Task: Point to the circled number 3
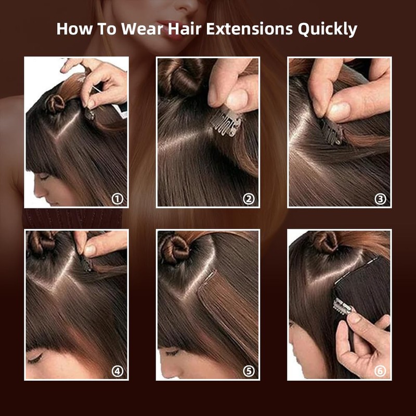click(381, 199)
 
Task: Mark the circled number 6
click(381, 371)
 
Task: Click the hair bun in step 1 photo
click(55, 102)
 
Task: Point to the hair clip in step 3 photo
click(332, 132)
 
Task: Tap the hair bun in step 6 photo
click(325, 242)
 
